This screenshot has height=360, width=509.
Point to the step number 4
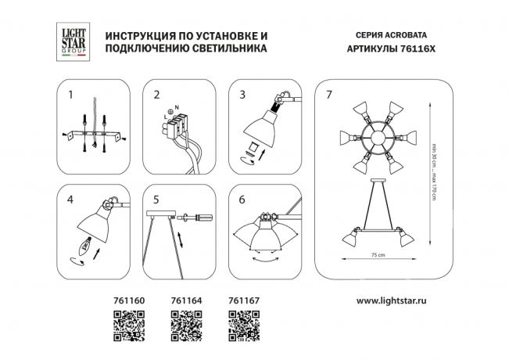click(71, 199)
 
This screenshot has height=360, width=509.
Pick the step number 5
click(156, 199)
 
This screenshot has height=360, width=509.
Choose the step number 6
click(242, 199)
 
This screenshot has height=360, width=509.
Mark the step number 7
click(329, 95)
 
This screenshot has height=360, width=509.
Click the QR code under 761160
click(129, 326)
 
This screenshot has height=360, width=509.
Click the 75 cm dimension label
click(380, 255)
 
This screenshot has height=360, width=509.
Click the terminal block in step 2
click(179, 126)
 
